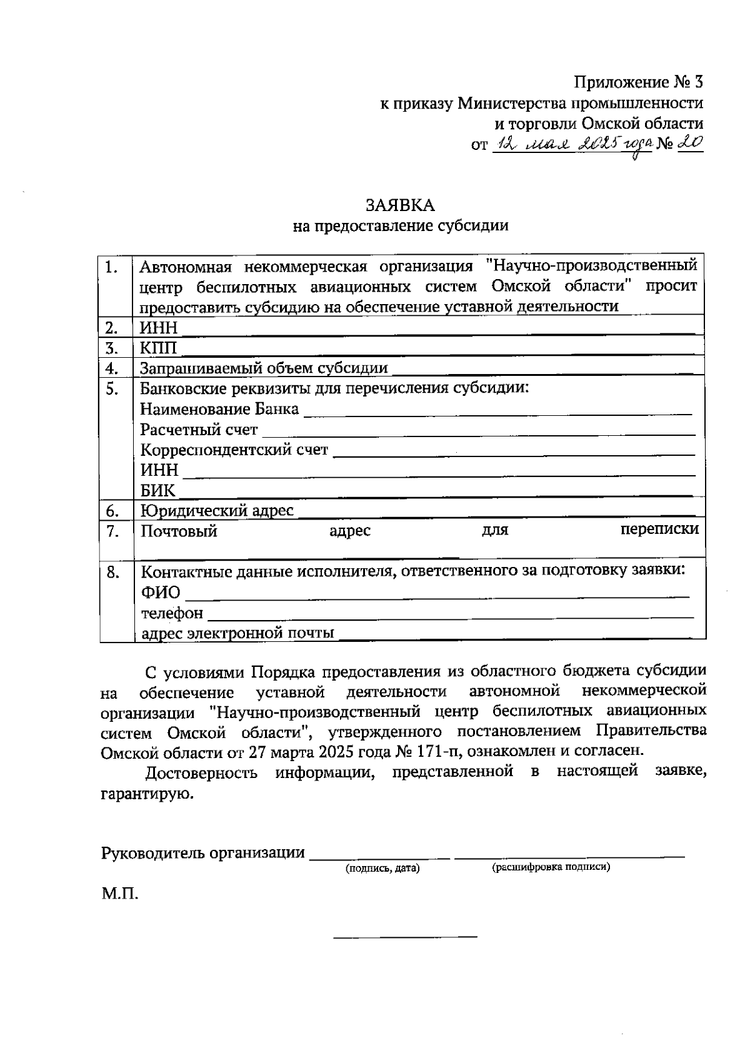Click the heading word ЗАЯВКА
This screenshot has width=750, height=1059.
[x=400, y=205]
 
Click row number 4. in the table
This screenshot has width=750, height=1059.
[x=112, y=368]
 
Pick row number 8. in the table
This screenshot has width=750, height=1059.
[x=112, y=572]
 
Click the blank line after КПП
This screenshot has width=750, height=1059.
[x=437, y=353]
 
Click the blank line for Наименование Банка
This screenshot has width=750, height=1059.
[x=497, y=414]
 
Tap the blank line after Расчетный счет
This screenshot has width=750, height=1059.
[x=479, y=435]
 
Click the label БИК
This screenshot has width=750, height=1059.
[x=157, y=490]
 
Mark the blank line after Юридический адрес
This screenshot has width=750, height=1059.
[x=500, y=516]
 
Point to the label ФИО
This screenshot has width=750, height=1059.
[x=160, y=592]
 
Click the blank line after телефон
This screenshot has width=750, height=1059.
[x=450, y=618]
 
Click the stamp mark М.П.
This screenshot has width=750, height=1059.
[x=120, y=894]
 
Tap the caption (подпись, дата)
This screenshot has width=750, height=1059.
[x=382, y=868]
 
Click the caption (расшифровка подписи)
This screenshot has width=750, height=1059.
[x=551, y=867]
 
